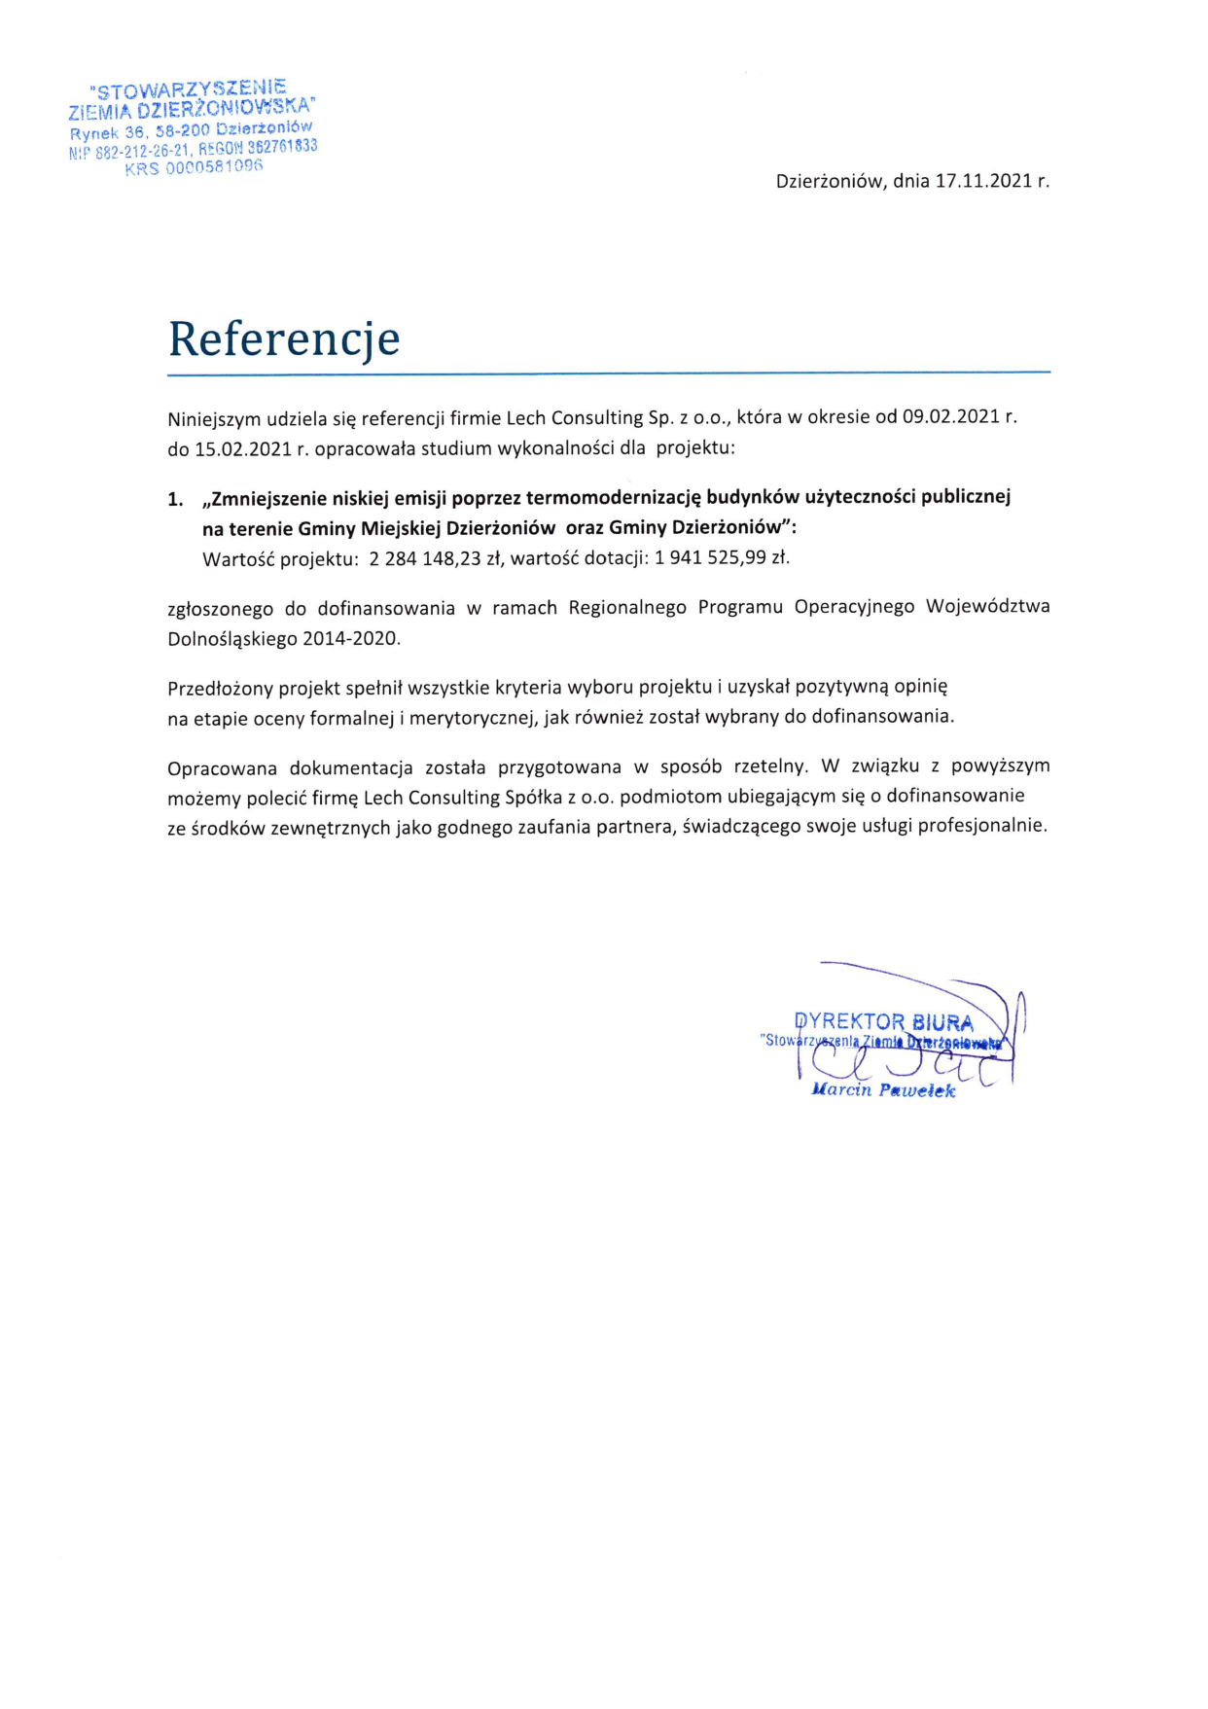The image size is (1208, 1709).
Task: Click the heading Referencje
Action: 284,339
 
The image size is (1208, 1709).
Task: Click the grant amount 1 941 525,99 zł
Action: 722,558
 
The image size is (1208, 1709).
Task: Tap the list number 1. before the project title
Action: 175,499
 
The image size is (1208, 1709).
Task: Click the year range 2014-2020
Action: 351,639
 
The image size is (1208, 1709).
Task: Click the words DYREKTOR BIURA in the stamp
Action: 883,1022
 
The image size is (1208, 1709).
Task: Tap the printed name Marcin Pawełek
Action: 883,1090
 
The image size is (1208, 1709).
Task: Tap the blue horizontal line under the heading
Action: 609,373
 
